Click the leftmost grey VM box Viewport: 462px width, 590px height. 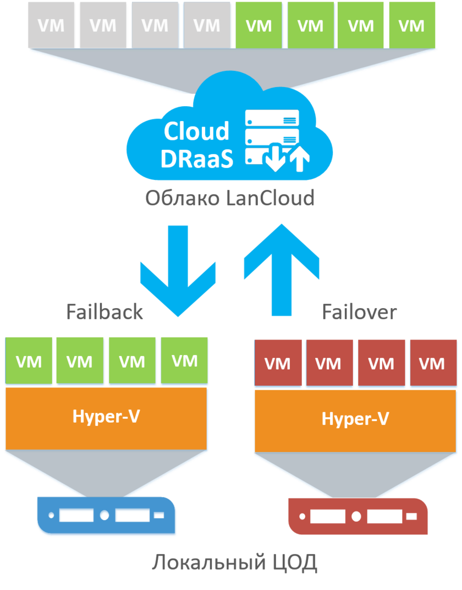(51, 25)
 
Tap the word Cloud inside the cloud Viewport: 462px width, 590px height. (196, 132)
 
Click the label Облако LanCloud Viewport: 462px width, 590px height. (230, 198)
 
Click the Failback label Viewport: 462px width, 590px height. (105, 312)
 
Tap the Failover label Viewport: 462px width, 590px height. (359, 312)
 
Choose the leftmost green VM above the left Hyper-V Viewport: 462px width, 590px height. (29, 362)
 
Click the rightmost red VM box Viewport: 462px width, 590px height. (432, 364)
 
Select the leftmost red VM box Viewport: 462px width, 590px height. (278, 364)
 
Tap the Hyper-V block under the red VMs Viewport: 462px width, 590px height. (355, 419)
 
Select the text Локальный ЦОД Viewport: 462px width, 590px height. (234, 563)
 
